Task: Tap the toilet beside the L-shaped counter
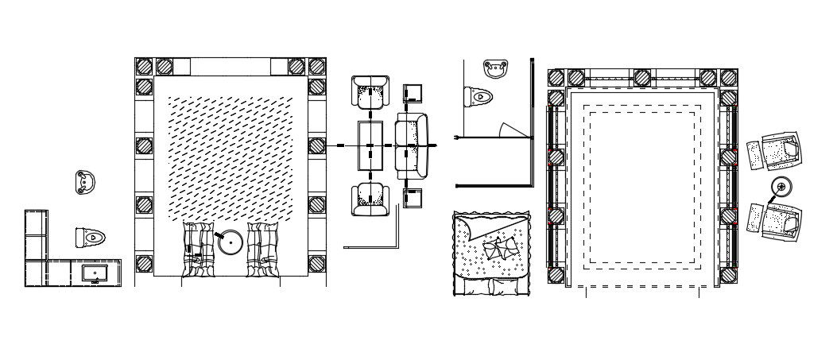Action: click(91, 237)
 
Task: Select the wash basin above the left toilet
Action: click(84, 181)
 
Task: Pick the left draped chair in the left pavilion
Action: click(198, 249)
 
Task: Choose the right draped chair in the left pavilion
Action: click(264, 249)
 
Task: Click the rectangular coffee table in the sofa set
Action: click(370, 145)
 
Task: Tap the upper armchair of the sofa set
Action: click(370, 92)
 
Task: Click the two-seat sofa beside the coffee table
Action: click(411, 145)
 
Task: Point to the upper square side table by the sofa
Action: click(414, 95)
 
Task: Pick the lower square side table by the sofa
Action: click(414, 196)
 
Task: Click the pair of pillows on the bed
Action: click(501, 249)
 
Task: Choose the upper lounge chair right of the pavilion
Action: click(780, 151)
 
